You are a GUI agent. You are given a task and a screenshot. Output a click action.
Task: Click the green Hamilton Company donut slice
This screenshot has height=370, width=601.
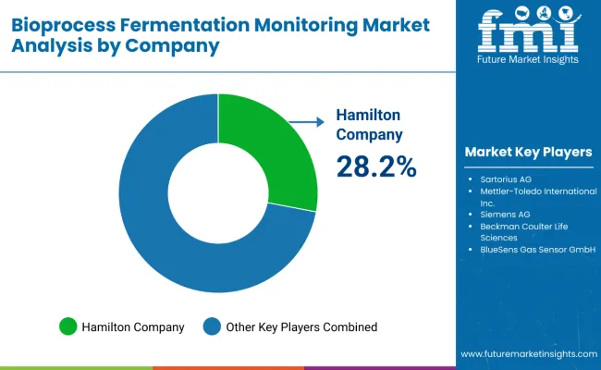272,153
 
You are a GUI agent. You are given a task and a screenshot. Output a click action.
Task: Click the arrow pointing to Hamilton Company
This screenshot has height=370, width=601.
304,120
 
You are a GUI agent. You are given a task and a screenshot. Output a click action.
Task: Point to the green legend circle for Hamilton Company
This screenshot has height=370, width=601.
67,327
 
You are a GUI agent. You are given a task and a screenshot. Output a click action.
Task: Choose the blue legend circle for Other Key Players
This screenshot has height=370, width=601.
212,327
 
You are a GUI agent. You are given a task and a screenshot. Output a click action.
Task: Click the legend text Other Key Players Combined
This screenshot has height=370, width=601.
301,327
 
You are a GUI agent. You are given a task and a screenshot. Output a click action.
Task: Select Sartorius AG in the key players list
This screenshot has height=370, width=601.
505,177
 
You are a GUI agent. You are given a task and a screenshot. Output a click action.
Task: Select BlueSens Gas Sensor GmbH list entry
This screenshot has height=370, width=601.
531,250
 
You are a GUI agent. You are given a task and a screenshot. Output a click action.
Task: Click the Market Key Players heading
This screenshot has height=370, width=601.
528,151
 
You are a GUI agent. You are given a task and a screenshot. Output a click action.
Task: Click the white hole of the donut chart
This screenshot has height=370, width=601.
218,194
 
